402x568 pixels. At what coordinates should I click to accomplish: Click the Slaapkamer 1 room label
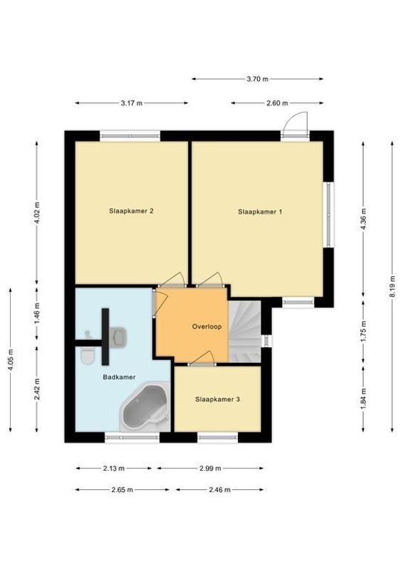(x=260, y=211)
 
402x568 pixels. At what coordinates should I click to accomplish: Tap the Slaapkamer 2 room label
(x=131, y=211)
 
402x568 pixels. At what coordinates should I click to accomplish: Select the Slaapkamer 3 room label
(x=217, y=400)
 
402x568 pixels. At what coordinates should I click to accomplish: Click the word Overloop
(x=207, y=327)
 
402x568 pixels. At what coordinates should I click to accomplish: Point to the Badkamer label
(x=119, y=377)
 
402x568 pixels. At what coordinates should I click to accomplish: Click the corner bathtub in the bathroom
(x=145, y=409)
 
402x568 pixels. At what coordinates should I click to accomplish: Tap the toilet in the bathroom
(x=87, y=355)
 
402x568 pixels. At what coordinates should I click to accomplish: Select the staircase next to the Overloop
(x=245, y=330)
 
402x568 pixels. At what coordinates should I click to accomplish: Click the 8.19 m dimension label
(x=391, y=286)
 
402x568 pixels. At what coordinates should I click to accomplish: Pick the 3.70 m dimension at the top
(x=257, y=79)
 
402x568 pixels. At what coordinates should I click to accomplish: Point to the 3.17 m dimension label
(x=131, y=103)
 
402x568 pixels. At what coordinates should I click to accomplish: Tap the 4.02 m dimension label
(x=37, y=212)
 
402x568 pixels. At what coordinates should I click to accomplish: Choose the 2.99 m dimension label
(x=210, y=468)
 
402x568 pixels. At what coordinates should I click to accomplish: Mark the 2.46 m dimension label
(x=219, y=489)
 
